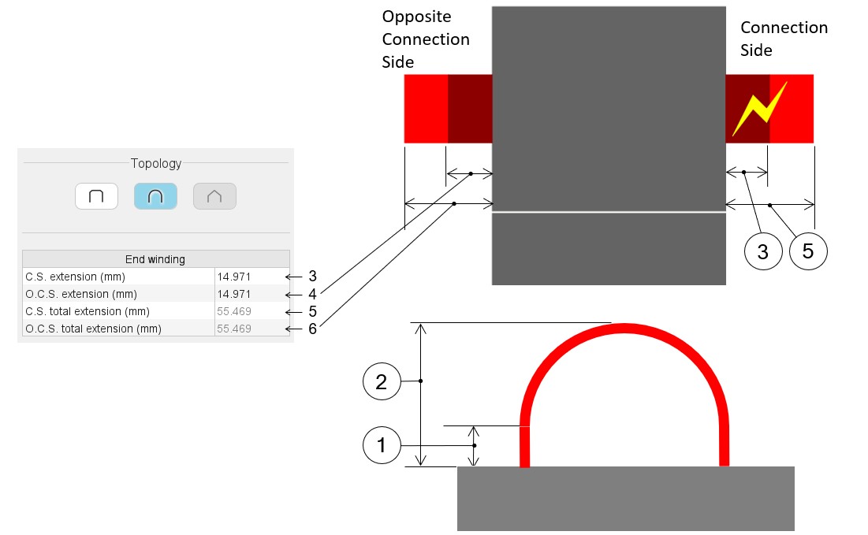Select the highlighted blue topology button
(x=155, y=196)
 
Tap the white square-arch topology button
(x=96, y=196)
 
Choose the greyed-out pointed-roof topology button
(x=214, y=196)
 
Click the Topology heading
(x=156, y=164)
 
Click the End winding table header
(x=155, y=259)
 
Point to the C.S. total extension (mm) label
(x=87, y=311)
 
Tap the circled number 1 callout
(x=382, y=446)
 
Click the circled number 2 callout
(x=382, y=382)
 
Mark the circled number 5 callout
(x=808, y=252)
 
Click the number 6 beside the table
(x=312, y=329)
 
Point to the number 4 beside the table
(x=312, y=294)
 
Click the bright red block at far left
(x=426, y=109)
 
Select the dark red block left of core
(x=470, y=109)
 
